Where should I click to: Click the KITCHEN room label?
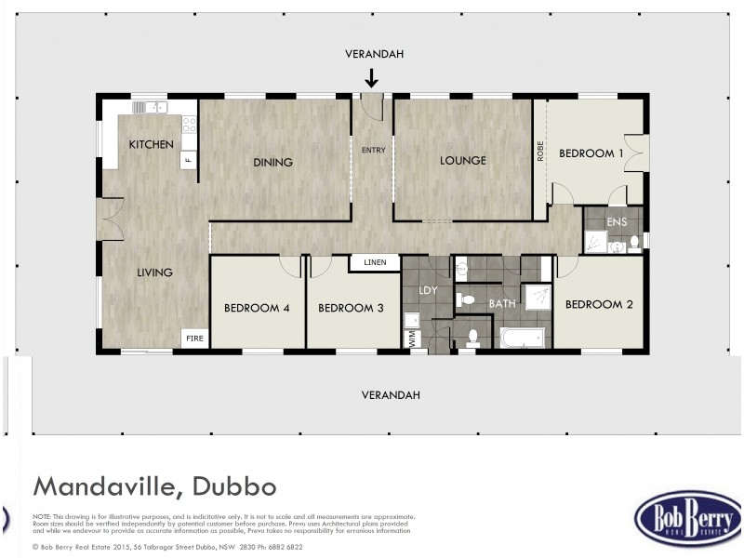pyautogui.click(x=151, y=144)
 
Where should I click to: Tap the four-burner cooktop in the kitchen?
pyautogui.click(x=190, y=123)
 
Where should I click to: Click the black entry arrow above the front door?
pyautogui.click(x=372, y=77)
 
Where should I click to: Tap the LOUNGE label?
pyautogui.click(x=463, y=160)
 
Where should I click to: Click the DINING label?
pyautogui.click(x=272, y=162)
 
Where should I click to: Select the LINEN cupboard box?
pyautogui.click(x=375, y=262)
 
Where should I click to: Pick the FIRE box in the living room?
pyautogui.click(x=194, y=338)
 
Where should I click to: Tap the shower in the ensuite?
pyautogui.click(x=594, y=243)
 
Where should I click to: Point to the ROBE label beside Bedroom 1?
pyautogui.click(x=540, y=152)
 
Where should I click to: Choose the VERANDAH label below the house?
pyautogui.click(x=391, y=394)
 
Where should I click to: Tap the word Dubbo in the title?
pyautogui.click(x=235, y=486)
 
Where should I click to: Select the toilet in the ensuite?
pyautogui.click(x=633, y=244)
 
